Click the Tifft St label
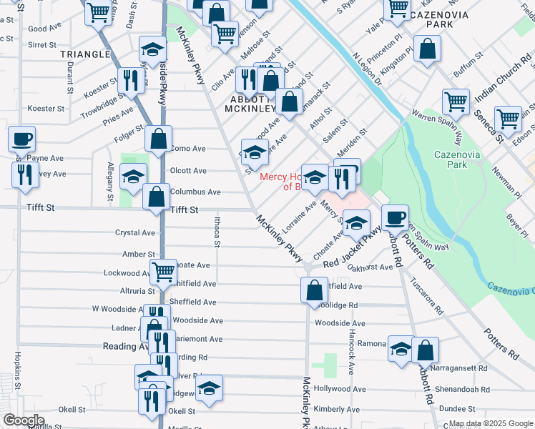185,210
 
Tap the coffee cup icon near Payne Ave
22,138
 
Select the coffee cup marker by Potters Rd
394,217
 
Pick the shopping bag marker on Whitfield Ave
313,290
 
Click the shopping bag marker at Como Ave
159,138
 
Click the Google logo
24,420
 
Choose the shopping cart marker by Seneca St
508,119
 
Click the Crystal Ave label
135,233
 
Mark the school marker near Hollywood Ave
209,388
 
